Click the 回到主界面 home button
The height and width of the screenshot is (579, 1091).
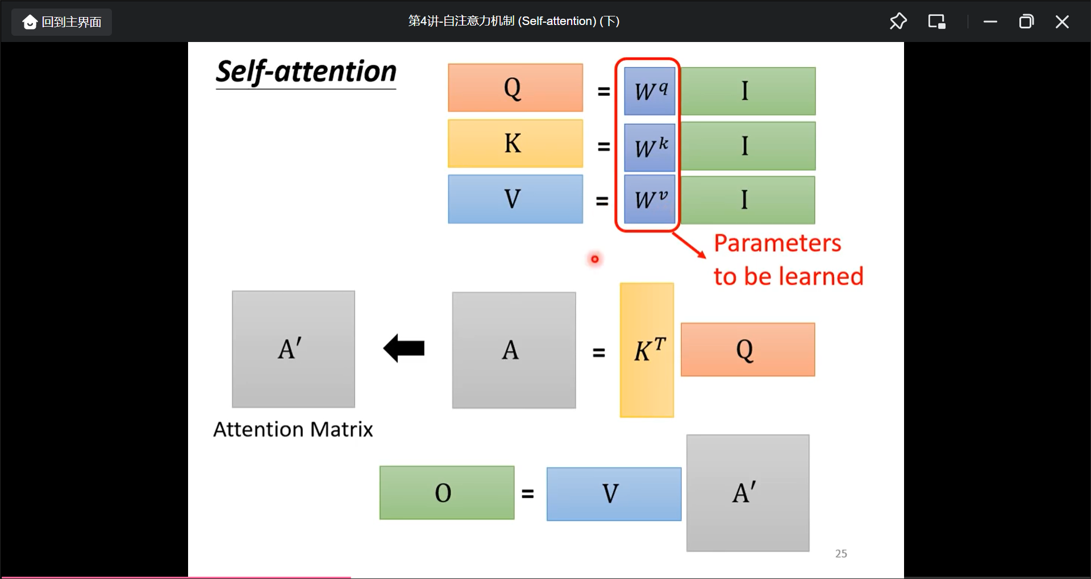coord(61,22)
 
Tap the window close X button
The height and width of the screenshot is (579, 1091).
coord(1061,22)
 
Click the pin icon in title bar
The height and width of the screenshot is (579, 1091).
coord(898,22)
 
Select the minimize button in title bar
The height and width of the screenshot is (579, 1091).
coord(990,22)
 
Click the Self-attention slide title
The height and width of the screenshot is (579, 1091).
coord(306,73)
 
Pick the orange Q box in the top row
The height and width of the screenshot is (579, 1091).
coord(515,88)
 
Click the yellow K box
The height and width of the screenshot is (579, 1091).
coord(515,143)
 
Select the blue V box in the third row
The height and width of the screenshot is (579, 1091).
coord(515,199)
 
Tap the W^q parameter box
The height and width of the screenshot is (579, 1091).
coord(649,91)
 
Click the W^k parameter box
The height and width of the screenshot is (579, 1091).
coord(649,148)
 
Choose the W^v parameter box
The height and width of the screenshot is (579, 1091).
coord(649,199)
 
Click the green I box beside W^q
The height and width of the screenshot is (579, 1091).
coord(748,91)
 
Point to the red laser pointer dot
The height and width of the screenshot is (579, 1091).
coord(594,259)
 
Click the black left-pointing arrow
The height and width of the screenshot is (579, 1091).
coord(404,348)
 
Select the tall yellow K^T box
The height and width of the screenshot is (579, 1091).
coord(647,350)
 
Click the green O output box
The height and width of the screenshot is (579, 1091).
coord(447,493)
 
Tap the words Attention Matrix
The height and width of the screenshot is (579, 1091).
coord(293,430)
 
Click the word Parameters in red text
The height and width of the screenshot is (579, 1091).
coord(777,244)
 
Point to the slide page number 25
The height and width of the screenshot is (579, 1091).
coord(841,553)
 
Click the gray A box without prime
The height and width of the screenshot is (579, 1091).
coord(514,350)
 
